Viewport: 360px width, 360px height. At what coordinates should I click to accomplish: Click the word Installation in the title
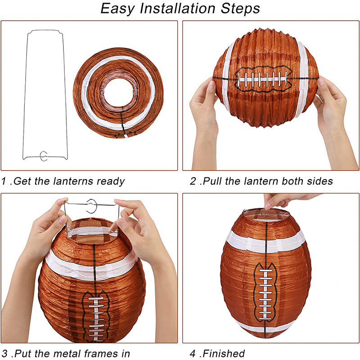click(178, 9)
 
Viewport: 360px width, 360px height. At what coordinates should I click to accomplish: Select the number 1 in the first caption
click(4, 181)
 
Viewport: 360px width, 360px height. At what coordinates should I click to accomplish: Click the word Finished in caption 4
click(224, 354)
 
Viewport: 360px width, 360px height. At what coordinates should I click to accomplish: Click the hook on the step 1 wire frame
click(44, 156)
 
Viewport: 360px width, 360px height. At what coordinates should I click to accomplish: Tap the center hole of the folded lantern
click(118, 92)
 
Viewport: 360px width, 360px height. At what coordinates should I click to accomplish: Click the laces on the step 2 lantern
click(263, 79)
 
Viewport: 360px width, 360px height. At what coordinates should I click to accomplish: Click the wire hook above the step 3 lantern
click(92, 206)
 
